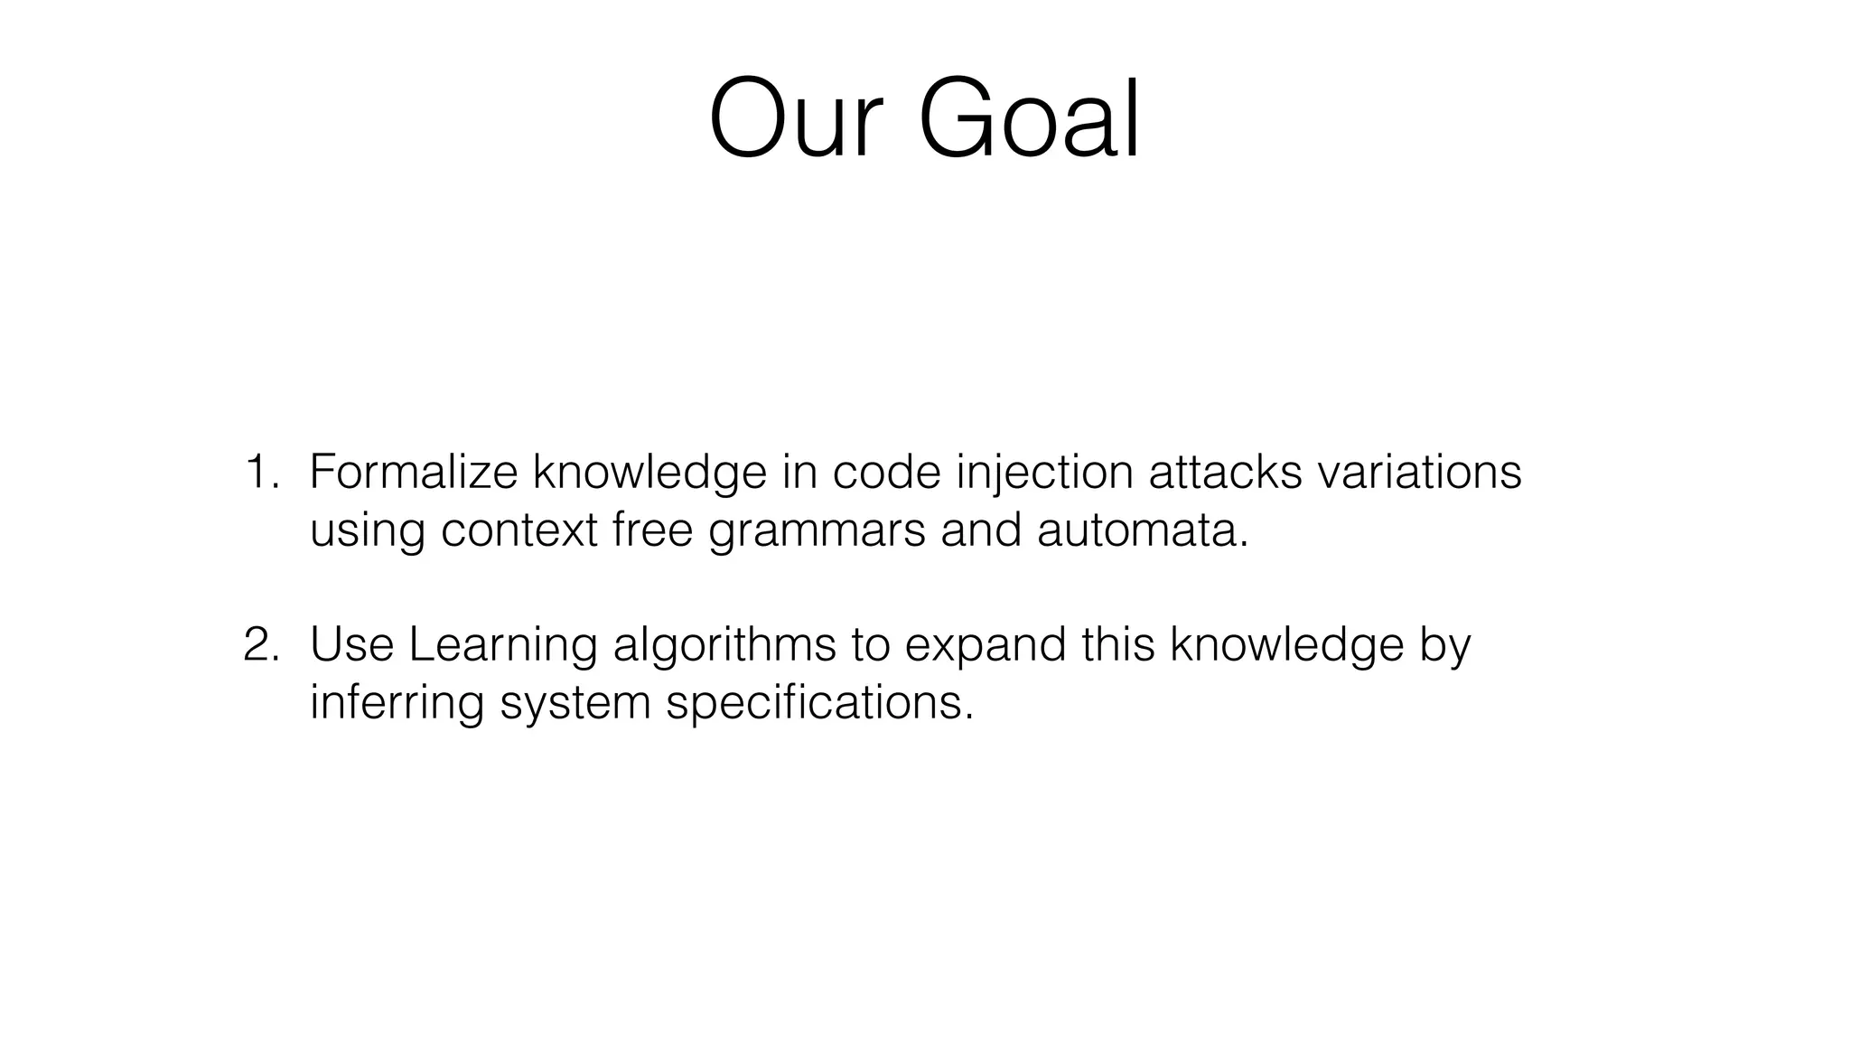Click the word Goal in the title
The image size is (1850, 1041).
(x=1029, y=120)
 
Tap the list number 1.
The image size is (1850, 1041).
(x=260, y=473)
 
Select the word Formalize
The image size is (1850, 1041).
(x=413, y=473)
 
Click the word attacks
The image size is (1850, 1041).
(x=1224, y=473)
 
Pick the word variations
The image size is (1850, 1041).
(x=1419, y=473)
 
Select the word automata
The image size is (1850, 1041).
(x=1142, y=530)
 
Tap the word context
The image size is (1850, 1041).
(x=519, y=530)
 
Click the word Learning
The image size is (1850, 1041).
(x=502, y=645)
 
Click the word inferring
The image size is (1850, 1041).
(x=397, y=703)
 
